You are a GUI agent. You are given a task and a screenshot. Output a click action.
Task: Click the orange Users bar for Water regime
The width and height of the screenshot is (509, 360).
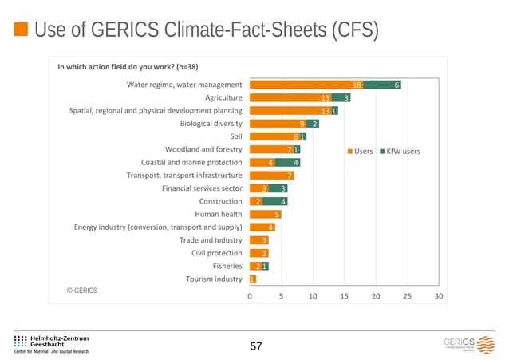[x=306, y=85]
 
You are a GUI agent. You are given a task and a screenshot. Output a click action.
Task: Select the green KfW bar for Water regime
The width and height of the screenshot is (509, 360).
[x=382, y=85]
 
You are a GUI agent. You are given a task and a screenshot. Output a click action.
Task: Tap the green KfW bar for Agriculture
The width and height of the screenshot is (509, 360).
[x=341, y=97]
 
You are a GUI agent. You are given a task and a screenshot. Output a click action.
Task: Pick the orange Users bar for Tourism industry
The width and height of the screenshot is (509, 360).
[x=252, y=279]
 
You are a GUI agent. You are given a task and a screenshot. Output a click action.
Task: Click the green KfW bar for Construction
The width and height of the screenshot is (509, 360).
[x=274, y=201]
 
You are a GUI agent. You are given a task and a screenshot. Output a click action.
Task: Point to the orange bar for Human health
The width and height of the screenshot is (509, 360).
[x=265, y=214]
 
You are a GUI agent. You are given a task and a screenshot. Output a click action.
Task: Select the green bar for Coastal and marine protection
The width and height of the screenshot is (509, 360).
[x=287, y=162]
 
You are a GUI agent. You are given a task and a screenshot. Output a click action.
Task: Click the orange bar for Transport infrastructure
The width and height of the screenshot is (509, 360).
[x=271, y=176]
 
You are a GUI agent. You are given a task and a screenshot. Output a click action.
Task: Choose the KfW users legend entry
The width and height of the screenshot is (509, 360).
[x=398, y=151]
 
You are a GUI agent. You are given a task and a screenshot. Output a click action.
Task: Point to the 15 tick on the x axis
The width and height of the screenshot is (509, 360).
[x=344, y=295]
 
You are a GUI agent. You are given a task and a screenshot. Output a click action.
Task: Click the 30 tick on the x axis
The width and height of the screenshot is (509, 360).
[x=439, y=295]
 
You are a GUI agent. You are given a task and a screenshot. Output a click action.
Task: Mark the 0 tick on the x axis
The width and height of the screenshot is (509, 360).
[x=249, y=295]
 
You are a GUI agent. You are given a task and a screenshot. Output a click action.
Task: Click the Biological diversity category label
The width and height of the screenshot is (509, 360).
[x=211, y=124]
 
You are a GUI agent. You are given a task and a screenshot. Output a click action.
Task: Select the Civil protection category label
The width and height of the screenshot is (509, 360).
[x=216, y=253]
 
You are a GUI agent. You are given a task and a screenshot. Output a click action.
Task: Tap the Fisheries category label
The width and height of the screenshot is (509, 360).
[x=227, y=266]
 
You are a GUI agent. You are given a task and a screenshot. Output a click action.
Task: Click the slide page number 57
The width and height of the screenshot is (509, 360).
[x=255, y=346]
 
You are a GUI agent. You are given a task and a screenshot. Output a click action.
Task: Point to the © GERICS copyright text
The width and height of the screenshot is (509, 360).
[x=81, y=291]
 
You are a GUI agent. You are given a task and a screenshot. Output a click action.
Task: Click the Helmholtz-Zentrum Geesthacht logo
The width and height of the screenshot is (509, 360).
[x=52, y=344]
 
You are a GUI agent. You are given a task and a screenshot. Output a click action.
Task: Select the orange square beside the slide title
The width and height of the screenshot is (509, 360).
[x=22, y=30]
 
